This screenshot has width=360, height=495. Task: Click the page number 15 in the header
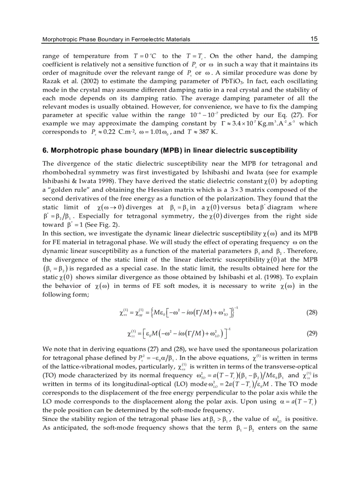[314, 39]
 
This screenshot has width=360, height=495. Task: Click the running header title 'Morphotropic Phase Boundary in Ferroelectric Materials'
[116, 40]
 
